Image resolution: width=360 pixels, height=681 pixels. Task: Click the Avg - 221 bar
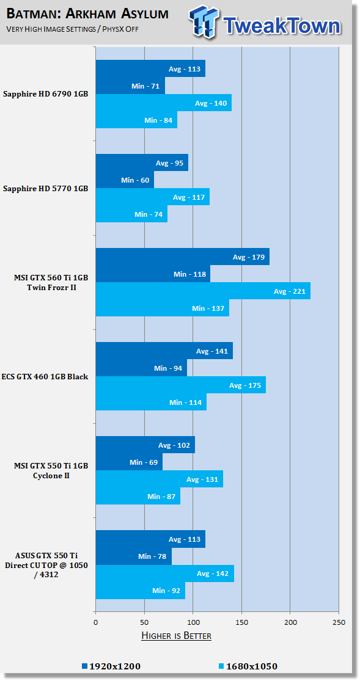point(203,291)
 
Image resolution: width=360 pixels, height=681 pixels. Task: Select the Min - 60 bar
point(125,180)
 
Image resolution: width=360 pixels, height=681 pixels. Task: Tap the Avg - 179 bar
point(183,257)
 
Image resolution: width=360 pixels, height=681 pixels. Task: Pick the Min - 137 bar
point(162,308)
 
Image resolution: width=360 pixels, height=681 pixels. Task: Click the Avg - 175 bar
point(181,385)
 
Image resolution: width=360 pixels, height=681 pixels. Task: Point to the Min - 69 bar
point(129,462)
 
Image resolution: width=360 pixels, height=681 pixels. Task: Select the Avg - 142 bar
point(165,574)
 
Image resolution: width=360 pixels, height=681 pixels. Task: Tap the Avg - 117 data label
point(189,197)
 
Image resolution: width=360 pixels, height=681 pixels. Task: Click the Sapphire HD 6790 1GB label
point(46,94)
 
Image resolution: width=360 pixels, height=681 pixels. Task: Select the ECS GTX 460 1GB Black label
point(45,377)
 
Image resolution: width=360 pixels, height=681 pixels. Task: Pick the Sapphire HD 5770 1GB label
point(46,189)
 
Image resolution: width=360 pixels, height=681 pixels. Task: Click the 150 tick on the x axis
point(242,622)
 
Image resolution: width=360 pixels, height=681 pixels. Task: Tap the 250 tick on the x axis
point(339,622)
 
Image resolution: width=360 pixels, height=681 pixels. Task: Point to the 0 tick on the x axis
point(95,622)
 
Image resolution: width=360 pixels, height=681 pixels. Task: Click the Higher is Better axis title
point(177,636)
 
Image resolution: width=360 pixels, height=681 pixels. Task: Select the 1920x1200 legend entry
point(111,666)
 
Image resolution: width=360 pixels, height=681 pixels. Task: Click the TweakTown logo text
point(282,26)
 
